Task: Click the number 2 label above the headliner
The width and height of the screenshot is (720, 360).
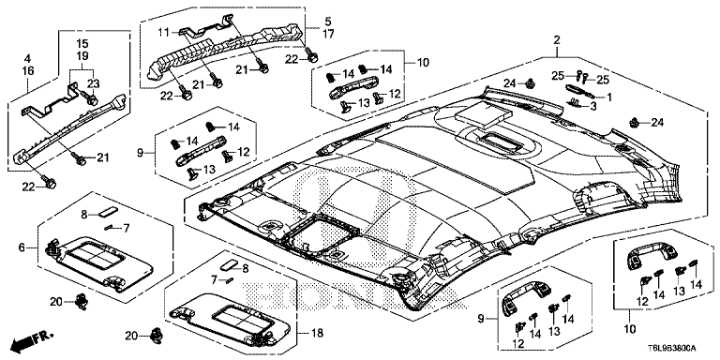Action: click(x=557, y=40)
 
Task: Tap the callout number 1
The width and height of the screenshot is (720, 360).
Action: click(x=609, y=97)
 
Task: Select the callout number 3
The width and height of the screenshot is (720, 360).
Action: click(x=593, y=106)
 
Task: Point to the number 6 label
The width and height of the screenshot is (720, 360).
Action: click(x=22, y=247)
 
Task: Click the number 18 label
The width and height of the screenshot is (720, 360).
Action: click(x=317, y=332)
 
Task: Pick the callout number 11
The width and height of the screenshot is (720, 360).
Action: click(x=164, y=32)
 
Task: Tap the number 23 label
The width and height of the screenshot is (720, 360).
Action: click(x=94, y=83)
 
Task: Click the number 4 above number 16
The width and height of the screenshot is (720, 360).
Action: click(x=27, y=59)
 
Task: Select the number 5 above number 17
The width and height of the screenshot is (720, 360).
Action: click(x=328, y=22)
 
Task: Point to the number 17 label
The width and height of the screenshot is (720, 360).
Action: click(x=328, y=33)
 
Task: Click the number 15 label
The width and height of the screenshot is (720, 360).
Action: click(x=82, y=45)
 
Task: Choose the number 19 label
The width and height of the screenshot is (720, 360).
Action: click(x=82, y=56)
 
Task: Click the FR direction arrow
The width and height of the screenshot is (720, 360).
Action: click(x=32, y=339)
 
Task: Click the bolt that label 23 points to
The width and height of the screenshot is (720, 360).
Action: click(x=89, y=97)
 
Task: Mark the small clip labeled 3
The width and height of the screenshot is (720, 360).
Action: click(x=577, y=104)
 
